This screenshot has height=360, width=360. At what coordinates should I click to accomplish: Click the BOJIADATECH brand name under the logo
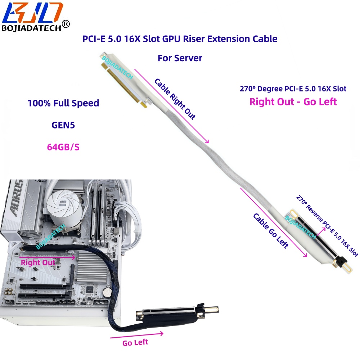click(31, 28)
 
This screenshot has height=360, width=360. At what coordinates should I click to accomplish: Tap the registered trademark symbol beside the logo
click(66, 24)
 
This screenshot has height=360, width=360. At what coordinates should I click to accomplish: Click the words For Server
click(180, 58)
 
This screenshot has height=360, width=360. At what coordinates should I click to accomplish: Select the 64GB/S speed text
click(63, 147)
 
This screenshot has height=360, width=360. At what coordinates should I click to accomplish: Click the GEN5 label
click(63, 125)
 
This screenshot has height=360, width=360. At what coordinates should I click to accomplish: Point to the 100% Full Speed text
click(63, 103)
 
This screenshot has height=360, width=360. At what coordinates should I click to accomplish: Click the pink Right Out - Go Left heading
click(293, 102)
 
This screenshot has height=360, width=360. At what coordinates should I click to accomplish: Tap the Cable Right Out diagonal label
click(175, 99)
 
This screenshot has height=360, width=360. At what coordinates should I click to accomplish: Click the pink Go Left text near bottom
click(135, 343)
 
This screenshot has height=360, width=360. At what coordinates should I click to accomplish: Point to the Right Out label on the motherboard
click(38, 262)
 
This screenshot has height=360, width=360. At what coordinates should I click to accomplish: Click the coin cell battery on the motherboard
click(107, 292)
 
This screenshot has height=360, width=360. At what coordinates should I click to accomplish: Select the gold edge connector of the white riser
click(124, 86)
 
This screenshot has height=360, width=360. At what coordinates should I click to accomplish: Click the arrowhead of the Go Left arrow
click(161, 333)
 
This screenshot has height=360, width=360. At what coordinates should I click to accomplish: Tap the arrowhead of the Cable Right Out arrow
click(207, 141)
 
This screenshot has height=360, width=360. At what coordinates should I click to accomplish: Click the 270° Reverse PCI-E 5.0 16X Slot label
click(327, 226)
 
